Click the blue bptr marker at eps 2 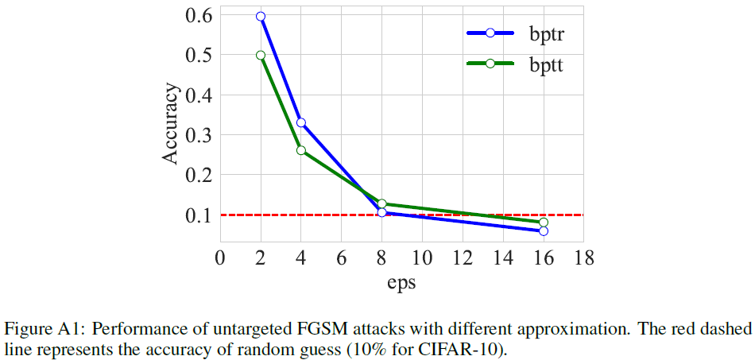click(x=261, y=16)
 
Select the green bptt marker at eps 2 click(x=261, y=55)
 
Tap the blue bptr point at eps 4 click(x=301, y=122)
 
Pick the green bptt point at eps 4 click(x=301, y=150)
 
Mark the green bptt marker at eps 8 click(x=382, y=204)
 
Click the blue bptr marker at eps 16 click(x=544, y=230)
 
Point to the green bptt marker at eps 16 click(x=544, y=223)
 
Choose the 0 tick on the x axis click(x=220, y=257)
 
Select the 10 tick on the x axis click(x=422, y=257)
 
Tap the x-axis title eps click(x=401, y=282)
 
